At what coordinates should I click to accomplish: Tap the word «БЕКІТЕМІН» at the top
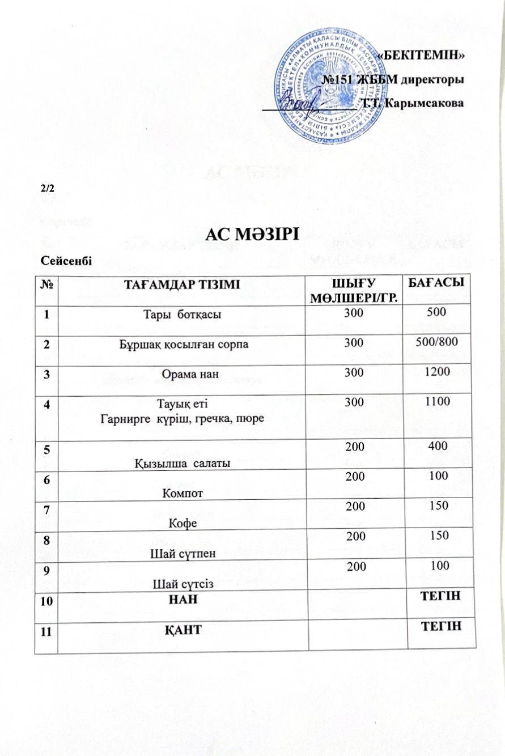(x=421, y=55)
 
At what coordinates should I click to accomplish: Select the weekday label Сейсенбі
(x=67, y=260)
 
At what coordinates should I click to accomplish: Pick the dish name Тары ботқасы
(x=180, y=315)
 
